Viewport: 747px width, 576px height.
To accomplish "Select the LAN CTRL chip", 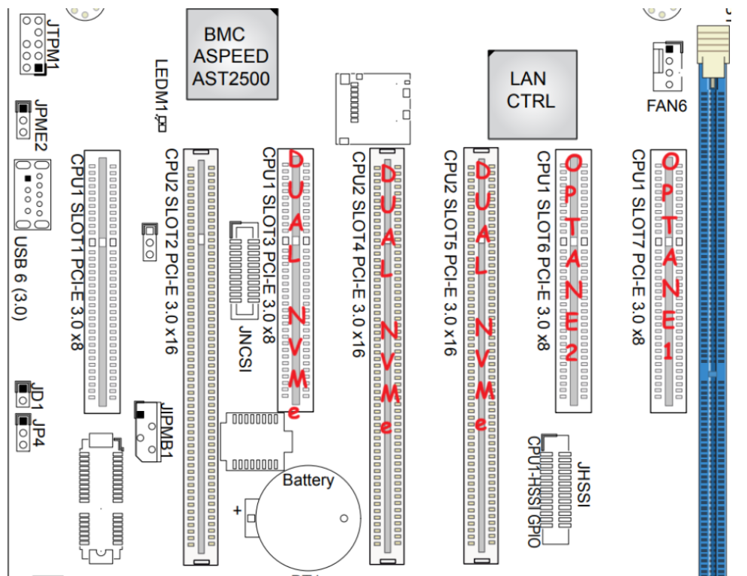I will coord(532,91).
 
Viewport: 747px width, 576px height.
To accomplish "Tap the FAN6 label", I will coord(667,106).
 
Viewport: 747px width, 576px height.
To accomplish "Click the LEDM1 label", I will coord(160,90).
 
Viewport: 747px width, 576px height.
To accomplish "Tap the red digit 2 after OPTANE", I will coord(572,353).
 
